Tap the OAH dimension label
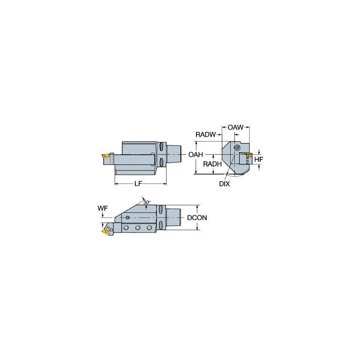pyautogui.click(x=196, y=155)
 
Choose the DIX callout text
pyautogui.click(x=225, y=184)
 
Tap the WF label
pyautogui.click(x=102, y=208)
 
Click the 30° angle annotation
pyautogui.click(x=146, y=203)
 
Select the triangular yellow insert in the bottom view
pyautogui.click(x=105, y=231)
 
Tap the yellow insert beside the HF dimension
pyautogui.click(x=249, y=156)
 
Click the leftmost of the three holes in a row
pyautogui.click(x=126, y=228)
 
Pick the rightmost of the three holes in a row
pyautogui.click(x=149, y=228)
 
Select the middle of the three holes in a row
pyautogui.click(x=138, y=228)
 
